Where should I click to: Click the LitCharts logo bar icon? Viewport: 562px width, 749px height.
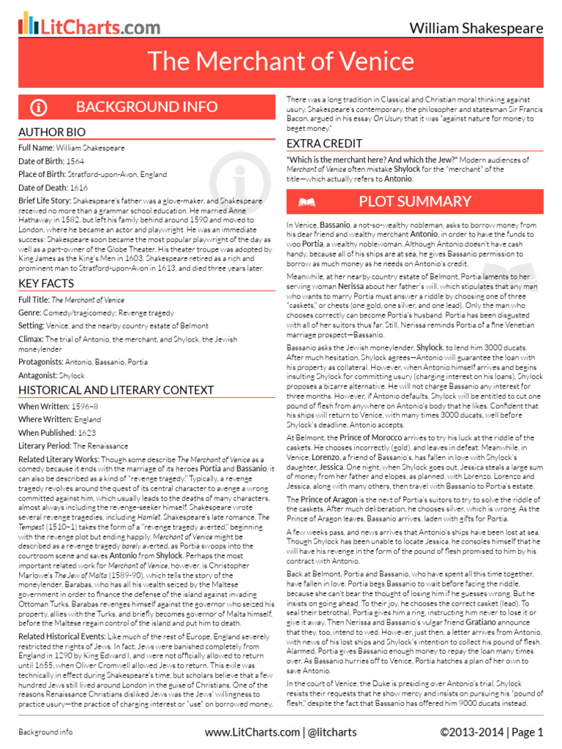click(x=28, y=24)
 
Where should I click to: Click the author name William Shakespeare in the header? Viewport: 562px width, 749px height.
click(x=476, y=29)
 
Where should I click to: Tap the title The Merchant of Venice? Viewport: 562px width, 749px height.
click(x=281, y=61)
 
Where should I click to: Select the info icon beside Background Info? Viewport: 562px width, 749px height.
click(x=39, y=108)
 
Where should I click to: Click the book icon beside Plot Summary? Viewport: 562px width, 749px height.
click(x=307, y=202)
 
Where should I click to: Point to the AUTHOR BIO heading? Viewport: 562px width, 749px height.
click(x=49, y=132)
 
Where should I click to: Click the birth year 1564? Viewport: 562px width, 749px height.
click(x=76, y=161)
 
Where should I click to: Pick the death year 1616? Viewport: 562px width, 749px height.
click(x=79, y=188)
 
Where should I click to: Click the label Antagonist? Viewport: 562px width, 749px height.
click(x=37, y=374)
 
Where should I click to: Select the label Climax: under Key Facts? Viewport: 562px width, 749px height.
click(x=31, y=339)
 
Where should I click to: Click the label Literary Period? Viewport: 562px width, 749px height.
click(x=45, y=445)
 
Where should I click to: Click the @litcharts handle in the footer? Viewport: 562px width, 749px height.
click(x=333, y=731)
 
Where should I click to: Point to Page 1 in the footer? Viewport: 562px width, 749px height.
click(x=527, y=731)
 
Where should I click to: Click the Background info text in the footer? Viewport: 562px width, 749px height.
click(x=45, y=731)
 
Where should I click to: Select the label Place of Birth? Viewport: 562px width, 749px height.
click(x=47, y=175)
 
